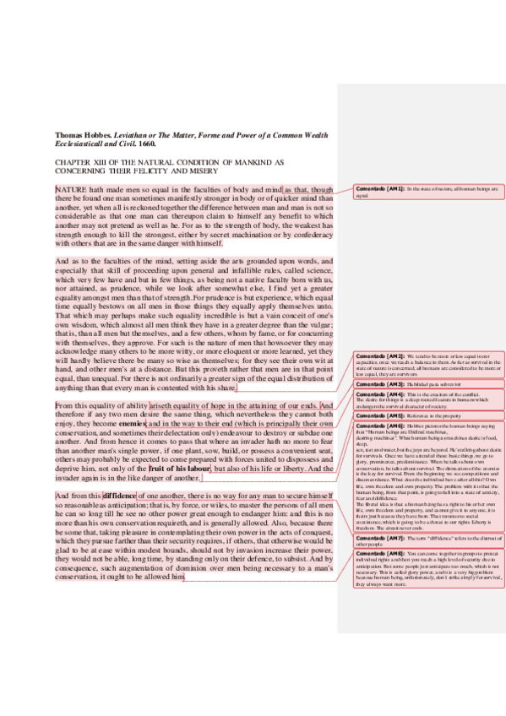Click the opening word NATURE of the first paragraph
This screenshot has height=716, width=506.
70,190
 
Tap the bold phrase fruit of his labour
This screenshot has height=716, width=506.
180,467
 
